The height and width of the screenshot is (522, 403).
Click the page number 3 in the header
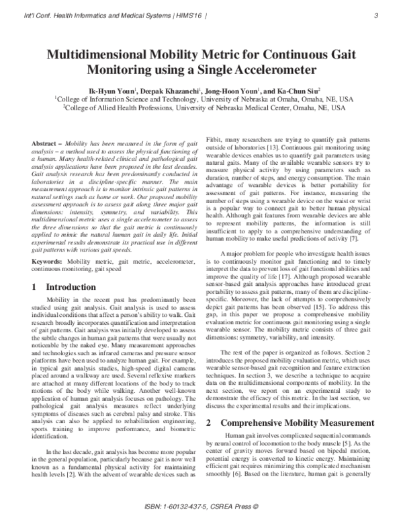pos(376,15)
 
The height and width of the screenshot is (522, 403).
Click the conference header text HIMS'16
pos(176,15)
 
